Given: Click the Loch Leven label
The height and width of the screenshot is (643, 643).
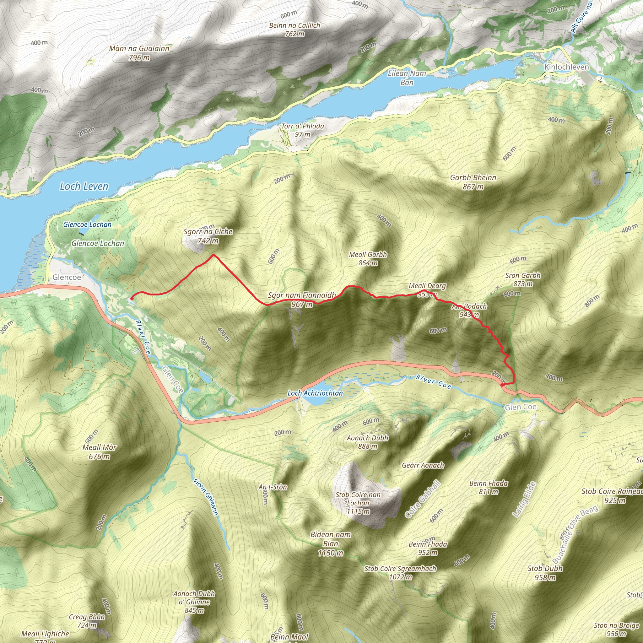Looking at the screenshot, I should (84, 186).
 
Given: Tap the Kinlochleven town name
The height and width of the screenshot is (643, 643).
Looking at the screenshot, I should (566, 67).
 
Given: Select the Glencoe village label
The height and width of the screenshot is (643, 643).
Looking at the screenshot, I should (67, 277).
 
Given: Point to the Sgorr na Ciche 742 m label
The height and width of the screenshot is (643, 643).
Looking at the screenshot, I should (208, 236).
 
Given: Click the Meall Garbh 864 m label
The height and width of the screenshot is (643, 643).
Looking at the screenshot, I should (368, 259).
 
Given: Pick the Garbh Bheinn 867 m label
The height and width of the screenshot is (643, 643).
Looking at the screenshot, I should (473, 182).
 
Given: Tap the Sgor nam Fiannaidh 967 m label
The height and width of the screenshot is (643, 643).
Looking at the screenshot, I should (302, 300).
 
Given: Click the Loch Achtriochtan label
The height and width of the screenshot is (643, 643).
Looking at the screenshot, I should (315, 393).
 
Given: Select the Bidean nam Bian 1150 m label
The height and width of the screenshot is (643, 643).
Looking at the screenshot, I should (331, 543).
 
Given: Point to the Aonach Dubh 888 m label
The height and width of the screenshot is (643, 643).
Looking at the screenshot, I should (367, 442).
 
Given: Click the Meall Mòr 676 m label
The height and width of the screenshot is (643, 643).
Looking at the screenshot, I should (99, 451).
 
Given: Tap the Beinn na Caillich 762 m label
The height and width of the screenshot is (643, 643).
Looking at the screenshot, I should (294, 29).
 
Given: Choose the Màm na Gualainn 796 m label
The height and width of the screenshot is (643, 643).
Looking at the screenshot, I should (139, 53).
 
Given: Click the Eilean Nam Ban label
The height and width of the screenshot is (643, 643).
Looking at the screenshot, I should (407, 78).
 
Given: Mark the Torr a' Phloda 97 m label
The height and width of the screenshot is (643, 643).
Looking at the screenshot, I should (302, 130).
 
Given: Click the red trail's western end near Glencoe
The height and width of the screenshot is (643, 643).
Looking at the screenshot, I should (132, 299).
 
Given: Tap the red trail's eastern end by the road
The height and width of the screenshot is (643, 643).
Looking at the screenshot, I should (502, 385).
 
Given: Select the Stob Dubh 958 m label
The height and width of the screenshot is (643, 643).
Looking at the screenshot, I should (545, 573).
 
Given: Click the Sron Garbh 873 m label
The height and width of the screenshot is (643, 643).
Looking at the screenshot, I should (522, 279).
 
